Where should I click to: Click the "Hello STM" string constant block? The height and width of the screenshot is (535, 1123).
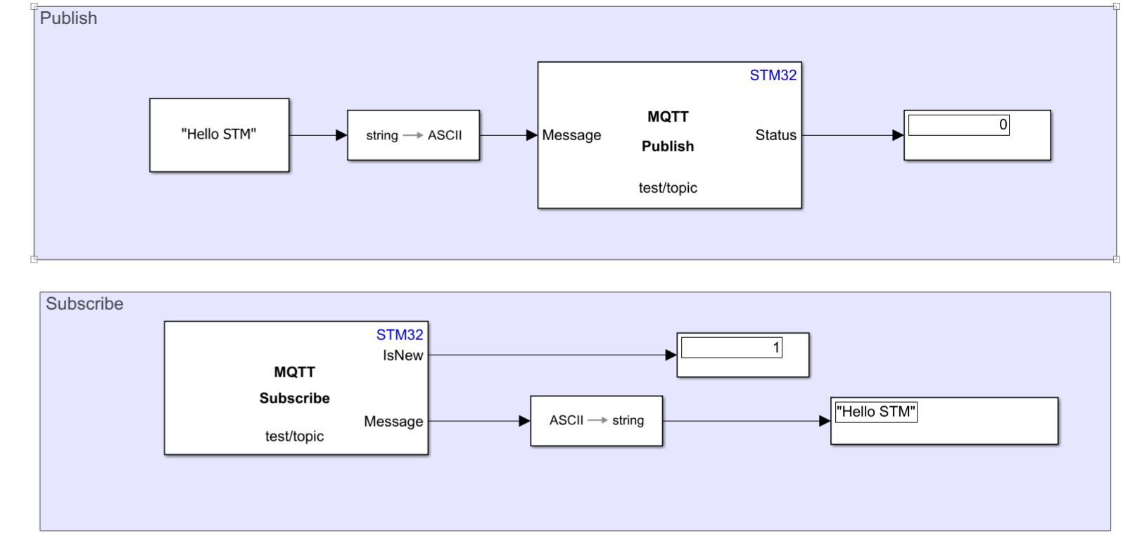(x=219, y=135)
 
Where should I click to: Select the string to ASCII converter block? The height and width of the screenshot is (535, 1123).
(x=413, y=135)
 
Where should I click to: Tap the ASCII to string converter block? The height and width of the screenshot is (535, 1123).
(x=596, y=421)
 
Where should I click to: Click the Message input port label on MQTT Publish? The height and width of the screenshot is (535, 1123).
(x=571, y=135)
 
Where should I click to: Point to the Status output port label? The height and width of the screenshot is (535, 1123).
(x=775, y=135)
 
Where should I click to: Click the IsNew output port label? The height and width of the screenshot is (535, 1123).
(x=403, y=355)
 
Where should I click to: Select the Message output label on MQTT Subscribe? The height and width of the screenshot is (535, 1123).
(x=393, y=421)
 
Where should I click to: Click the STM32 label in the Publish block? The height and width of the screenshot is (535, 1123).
(x=773, y=75)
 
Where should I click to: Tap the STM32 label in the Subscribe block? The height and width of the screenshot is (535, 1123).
(x=400, y=334)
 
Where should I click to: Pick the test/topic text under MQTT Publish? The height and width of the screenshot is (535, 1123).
(x=668, y=187)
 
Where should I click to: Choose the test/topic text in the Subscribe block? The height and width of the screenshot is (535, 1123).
(x=294, y=436)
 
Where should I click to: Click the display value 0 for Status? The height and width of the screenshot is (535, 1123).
(x=1003, y=125)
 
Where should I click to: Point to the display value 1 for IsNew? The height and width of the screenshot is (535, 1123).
(x=776, y=348)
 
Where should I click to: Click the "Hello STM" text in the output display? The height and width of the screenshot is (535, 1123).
(x=876, y=412)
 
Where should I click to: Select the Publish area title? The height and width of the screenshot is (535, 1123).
(x=68, y=18)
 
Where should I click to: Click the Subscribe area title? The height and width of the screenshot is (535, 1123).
(x=84, y=303)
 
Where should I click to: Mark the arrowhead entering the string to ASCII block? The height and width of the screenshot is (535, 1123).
(x=341, y=135)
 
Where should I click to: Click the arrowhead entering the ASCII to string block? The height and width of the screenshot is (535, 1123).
(x=524, y=421)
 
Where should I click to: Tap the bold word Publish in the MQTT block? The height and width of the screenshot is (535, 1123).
(x=668, y=146)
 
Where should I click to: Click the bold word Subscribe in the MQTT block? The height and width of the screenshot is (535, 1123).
(x=294, y=398)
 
